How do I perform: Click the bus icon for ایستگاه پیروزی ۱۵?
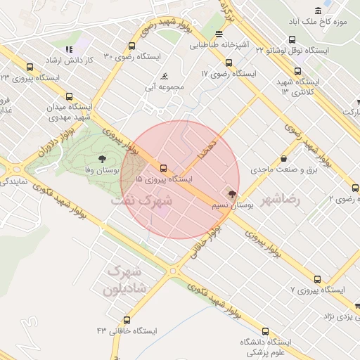click(x=163, y=168)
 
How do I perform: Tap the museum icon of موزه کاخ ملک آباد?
click(x=319, y=10)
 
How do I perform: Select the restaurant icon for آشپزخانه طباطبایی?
click(x=219, y=33)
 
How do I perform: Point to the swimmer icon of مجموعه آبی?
click(x=165, y=76)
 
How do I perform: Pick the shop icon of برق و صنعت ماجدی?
click(x=283, y=159)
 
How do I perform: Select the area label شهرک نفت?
click(x=141, y=200)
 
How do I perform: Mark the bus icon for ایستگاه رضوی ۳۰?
click(x=131, y=46)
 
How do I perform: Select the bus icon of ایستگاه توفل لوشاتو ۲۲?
click(x=292, y=40)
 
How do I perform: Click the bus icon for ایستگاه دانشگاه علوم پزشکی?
click(x=265, y=331)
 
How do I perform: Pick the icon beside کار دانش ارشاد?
click(x=69, y=49)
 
